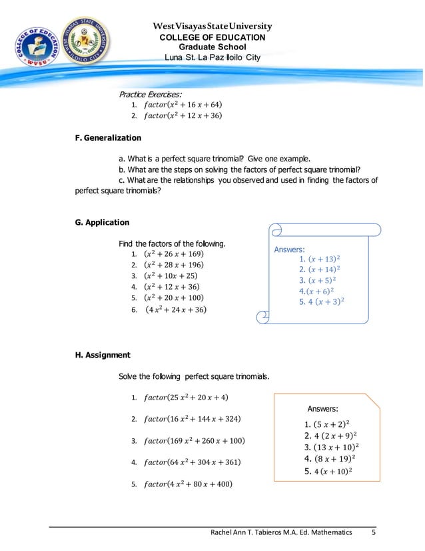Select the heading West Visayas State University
click(212, 27)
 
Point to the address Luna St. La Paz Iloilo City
click(212, 58)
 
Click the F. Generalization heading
click(108, 138)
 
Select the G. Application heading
click(102, 222)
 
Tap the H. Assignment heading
click(102, 355)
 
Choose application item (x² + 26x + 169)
click(173, 254)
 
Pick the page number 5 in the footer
click(374, 533)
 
